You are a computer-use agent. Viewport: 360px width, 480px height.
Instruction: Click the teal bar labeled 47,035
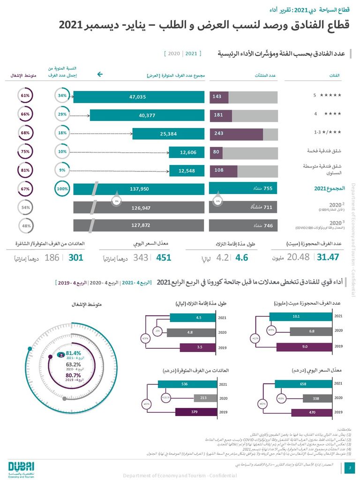pos(139,97)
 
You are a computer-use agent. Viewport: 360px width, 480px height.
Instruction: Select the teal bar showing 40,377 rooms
pos(147,115)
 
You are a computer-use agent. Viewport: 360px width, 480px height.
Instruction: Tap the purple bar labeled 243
pos(236,134)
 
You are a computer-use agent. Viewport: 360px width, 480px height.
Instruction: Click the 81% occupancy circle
pos(25,170)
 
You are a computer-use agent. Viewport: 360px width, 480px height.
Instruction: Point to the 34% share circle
pos(62,96)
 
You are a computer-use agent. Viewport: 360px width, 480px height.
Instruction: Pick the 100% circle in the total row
pos(62,189)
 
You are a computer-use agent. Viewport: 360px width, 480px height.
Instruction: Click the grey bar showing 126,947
pos(139,207)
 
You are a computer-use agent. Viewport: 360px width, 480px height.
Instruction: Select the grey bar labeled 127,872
pos(139,225)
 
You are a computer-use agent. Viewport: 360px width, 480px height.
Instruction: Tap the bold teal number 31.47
pos(328,257)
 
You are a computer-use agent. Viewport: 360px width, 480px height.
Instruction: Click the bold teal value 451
pos(163,257)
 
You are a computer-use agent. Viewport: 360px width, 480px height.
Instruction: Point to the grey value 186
pos(52,257)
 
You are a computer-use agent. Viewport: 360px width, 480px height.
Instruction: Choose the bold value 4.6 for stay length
pos(241,257)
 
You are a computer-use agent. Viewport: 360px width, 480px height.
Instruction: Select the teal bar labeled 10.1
pos(296,317)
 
